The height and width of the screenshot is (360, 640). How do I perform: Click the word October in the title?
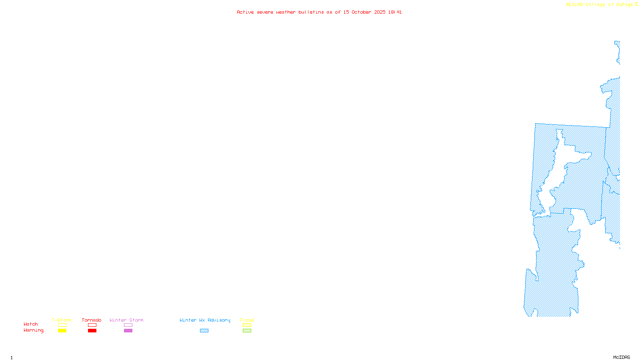(361, 12)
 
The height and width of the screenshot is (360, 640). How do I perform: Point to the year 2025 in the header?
(380, 12)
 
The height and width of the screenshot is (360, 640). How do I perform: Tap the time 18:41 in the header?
(395, 12)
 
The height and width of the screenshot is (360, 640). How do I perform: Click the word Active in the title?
(245, 12)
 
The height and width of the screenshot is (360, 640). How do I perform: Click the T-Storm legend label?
(62, 320)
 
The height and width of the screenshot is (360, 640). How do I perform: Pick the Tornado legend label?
(92, 320)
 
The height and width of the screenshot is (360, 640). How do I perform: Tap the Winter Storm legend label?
(126, 320)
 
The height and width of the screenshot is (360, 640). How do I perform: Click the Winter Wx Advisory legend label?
(205, 320)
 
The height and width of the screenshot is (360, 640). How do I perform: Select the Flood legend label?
(247, 320)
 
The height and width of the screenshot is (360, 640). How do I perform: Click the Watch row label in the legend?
(31, 324)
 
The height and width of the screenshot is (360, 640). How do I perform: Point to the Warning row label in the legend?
(33, 330)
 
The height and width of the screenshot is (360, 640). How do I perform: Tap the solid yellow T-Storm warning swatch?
(62, 331)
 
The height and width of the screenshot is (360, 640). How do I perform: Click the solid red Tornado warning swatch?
(92, 331)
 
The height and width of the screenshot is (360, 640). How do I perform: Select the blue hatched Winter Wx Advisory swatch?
(204, 331)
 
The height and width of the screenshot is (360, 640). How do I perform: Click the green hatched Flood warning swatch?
(247, 331)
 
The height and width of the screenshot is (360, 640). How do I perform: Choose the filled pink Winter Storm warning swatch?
(128, 331)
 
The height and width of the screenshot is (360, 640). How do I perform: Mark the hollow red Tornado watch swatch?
(92, 325)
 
